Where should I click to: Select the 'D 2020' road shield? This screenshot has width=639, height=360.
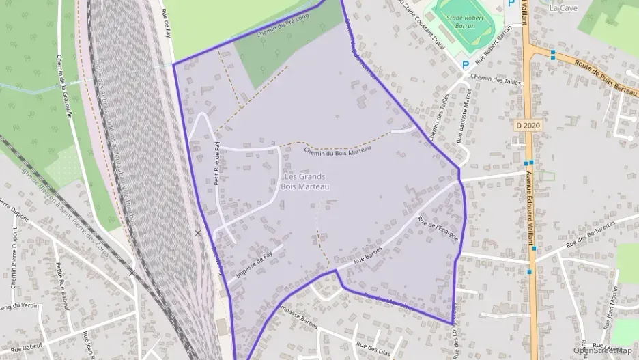click(528, 126)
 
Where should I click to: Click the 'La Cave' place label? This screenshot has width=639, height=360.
click(563, 8)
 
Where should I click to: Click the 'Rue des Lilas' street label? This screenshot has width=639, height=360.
click(373, 348)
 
